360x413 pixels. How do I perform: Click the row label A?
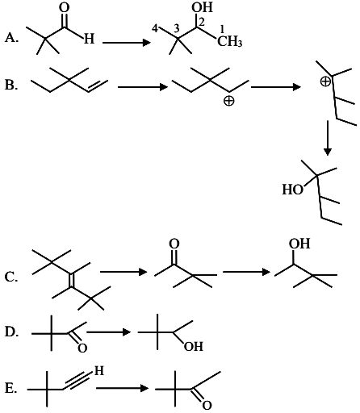pos(11,38)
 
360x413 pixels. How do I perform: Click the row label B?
pos(11,85)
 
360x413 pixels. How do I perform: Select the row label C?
pos(11,277)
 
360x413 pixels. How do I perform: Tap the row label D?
pos(12,332)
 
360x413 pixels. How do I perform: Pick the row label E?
pos(11,388)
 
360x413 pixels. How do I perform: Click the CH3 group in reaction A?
pos(230,42)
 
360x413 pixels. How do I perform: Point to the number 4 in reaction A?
pos(155,28)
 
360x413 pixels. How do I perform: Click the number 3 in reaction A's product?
pos(176,28)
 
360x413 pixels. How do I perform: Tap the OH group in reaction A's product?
pos(202,7)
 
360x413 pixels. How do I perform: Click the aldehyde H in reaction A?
pos(89,39)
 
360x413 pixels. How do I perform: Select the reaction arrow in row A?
pos(127,43)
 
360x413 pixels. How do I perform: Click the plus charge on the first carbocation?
pos(228,101)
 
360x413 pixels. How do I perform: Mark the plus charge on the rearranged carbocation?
pos(325,81)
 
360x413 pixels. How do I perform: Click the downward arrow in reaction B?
pos(328,138)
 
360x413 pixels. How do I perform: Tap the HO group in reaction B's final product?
pos(292,190)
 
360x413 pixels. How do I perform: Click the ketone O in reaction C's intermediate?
pos(174,244)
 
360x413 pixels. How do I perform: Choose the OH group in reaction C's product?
pos(299,244)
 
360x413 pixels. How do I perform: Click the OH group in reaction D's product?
pos(194,346)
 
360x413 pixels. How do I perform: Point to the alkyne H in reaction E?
pos(98,371)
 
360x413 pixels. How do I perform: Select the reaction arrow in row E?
pos(122,388)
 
